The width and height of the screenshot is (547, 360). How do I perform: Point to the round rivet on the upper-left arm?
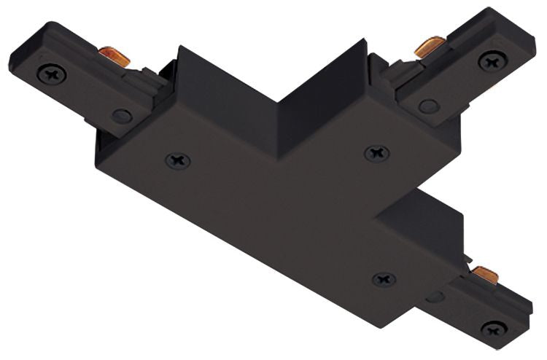click(122, 115)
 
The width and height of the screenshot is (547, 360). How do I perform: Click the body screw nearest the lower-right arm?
click(384, 279)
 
